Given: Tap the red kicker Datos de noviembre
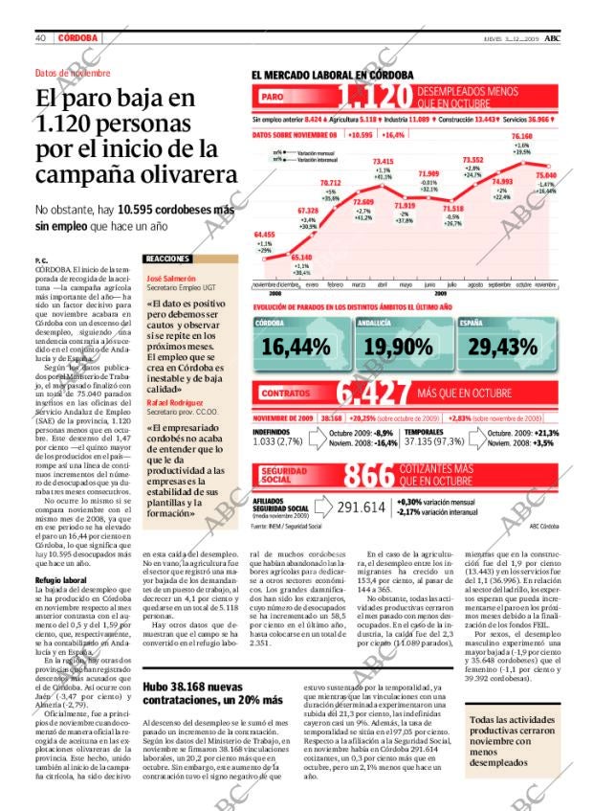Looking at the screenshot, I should click(x=73, y=73).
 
